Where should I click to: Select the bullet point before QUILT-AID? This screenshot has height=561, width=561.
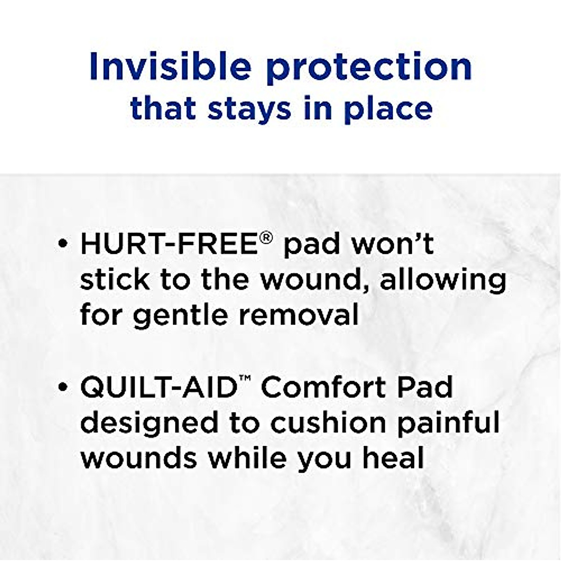coord(63,388)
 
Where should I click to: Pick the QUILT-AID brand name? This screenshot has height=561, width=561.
coord(157,387)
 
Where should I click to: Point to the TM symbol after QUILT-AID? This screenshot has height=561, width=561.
coord(243,381)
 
